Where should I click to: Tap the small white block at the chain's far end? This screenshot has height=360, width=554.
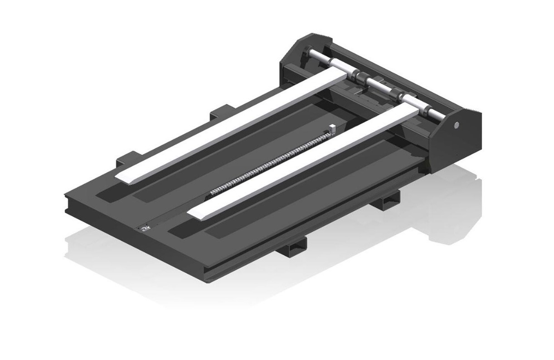[x=332, y=128]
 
